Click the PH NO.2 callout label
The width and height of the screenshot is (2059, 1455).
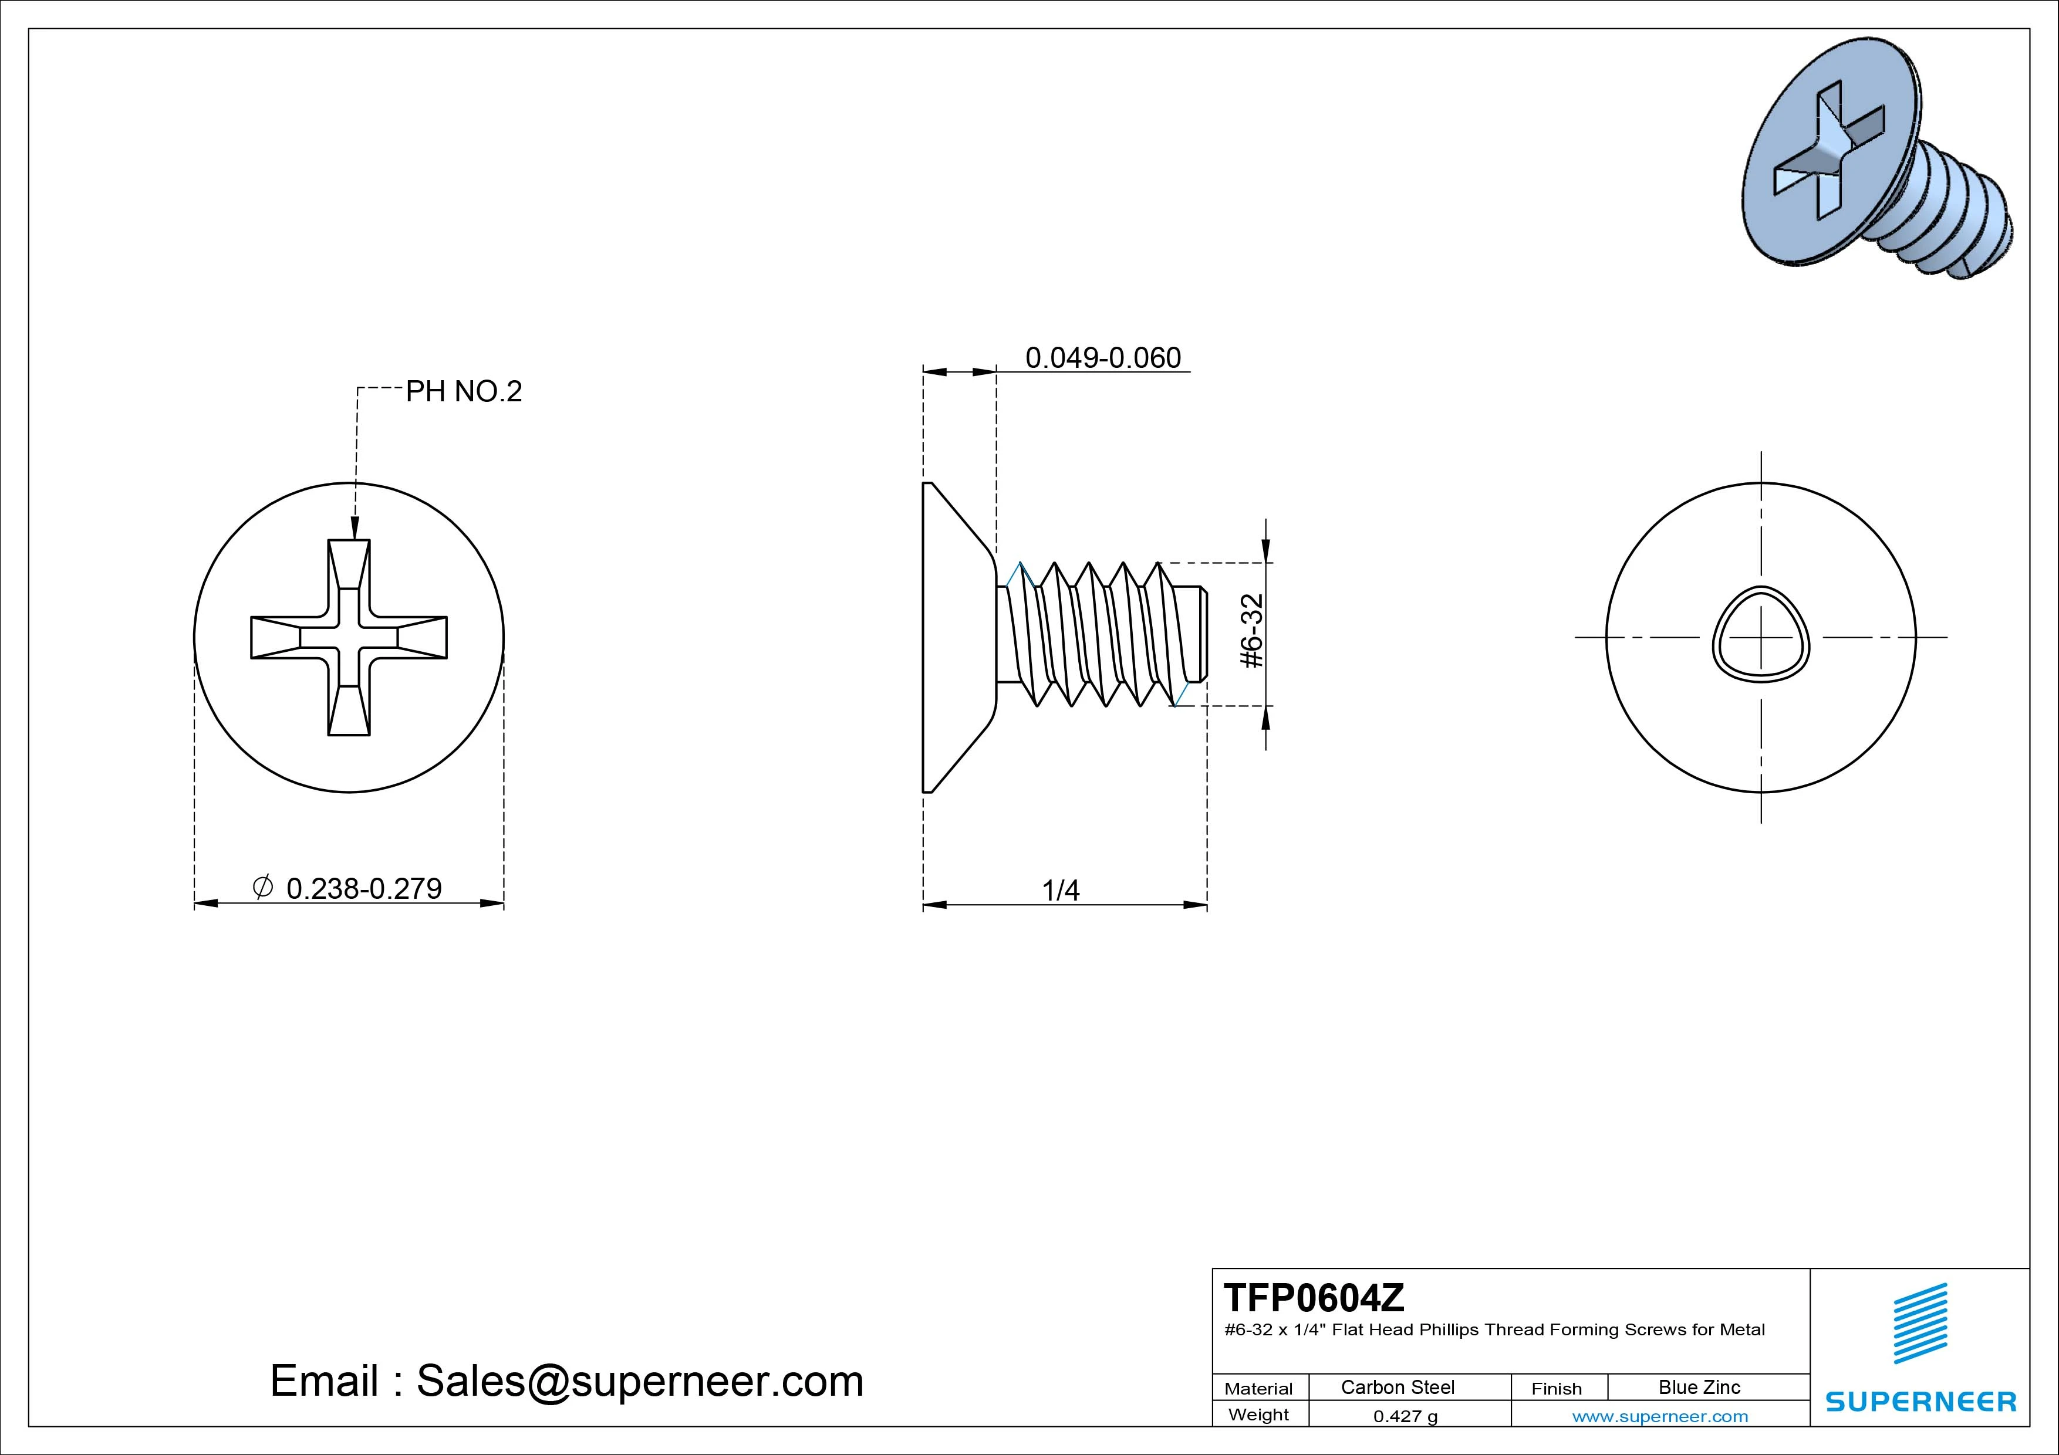[x=464, y=392]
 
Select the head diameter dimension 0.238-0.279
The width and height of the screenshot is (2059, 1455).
[x=364, y=888]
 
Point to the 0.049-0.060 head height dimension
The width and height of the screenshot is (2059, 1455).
[x=1103, y=358]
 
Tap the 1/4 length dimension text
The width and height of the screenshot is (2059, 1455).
[x=1061, y=890]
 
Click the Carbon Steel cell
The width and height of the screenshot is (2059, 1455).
[x=1397, y=1387]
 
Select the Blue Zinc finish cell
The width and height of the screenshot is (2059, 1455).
[x=1699, y=1387]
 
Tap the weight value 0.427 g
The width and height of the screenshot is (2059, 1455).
[x=1405, y=1416]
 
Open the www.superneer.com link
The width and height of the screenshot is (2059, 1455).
[x=1660, y=1416]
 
